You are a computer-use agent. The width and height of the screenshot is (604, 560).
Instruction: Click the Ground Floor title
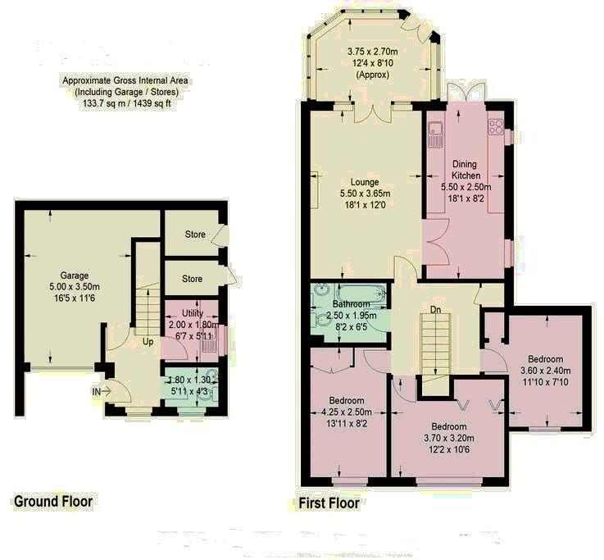tap(52, 500)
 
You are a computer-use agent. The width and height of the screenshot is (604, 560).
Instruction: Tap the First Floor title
tap(328, 503)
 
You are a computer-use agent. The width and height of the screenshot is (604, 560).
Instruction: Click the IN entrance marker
tap(98, 392)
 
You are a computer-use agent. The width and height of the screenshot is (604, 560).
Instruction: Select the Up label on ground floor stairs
tap(148, 340)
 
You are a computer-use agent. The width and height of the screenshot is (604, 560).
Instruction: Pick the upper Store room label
tap(194, 234)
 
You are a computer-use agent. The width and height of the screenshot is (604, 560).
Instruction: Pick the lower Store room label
tap(193, 279)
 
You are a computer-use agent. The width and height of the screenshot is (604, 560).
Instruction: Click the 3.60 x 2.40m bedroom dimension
tap(544, 371)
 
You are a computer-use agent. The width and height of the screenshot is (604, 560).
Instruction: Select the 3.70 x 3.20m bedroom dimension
tap(449, 438)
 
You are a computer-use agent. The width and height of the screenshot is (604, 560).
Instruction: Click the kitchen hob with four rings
tap(496, 126)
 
